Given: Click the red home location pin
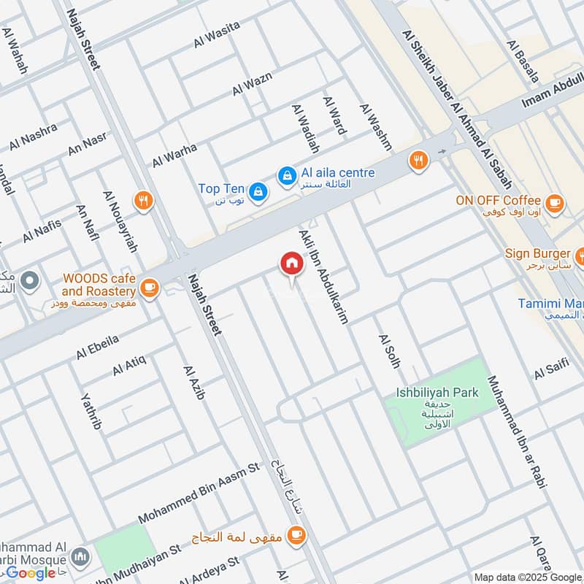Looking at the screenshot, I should pyautogui.click(x=291, y=264).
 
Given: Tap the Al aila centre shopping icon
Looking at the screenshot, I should pyautogui.click(x=286, y=175).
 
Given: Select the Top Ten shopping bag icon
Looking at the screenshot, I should pyautogui.click(x=257, y=192).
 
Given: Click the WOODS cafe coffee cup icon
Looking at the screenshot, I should pyautogui.click(x=150, y=288).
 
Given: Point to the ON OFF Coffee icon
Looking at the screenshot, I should pyautogui.click(x=554, y=201).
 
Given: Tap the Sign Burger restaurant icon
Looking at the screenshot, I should pyautogui.click(x=580, y=255).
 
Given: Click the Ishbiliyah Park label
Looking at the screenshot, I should pyautogui.click(x=437, y=393).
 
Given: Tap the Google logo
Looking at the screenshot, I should pyautogui.click(x=31, y=573).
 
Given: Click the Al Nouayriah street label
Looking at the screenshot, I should pyautogui.click(x=120, y=221).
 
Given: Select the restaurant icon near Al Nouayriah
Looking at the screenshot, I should pyautogui.click(x=145, y=201).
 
